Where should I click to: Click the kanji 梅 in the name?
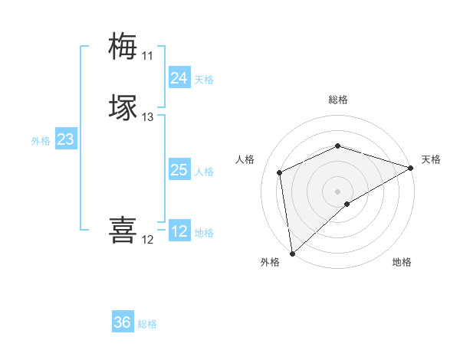(123, 46)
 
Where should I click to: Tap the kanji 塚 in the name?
(123, 107)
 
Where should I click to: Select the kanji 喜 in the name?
(123, 230)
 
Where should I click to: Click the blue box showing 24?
(179, 78)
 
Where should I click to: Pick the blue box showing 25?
(179, 170)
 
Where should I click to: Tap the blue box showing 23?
(65, 139)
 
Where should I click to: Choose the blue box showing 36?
(123, 322)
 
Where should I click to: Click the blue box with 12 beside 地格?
(179, 231)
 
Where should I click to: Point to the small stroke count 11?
(147, 56)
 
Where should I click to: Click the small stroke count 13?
(147, 117)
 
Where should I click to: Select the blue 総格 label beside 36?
(147, 324)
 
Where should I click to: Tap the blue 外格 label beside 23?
(41, 141)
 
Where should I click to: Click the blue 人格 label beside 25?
(204, 172)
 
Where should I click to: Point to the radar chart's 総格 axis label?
(338, 100)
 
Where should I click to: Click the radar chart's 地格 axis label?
(402, 262)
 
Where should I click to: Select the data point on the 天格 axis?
(411, 169)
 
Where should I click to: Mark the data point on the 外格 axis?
(291, 254)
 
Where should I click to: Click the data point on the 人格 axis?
(280, 172)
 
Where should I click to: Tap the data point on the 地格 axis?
(347, 204)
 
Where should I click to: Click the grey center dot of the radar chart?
(338, 191)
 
